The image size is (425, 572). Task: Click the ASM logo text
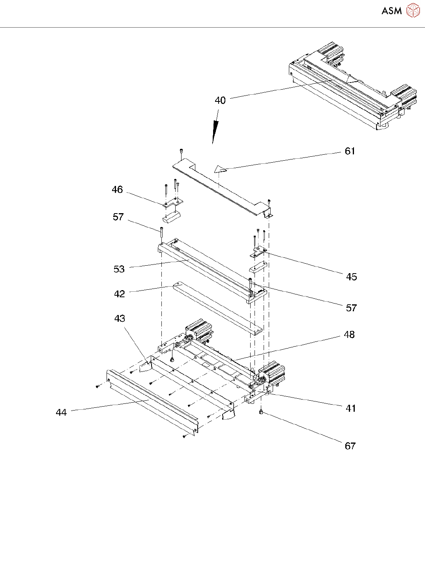point(391,11)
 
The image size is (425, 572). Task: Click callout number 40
point(220,101)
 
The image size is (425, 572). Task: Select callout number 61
point(350,151)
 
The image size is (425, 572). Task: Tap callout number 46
point(117,190)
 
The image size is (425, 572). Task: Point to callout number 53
point(119,269)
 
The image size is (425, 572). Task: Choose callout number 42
point(119,294)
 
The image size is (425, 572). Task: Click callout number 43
point(120,319)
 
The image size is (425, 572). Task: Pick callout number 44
point(61,413)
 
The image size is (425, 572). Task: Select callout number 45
point(351,277)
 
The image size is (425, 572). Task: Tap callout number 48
point(349,335)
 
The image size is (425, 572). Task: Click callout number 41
point(350,409)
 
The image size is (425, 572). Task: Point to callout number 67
point(350,446)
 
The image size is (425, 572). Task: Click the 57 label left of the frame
point(118,217)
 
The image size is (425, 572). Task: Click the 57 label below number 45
point(351,308)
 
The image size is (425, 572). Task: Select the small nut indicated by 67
point(261,412)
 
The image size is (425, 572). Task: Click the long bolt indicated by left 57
point(162,236)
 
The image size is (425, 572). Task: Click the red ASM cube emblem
point(413,11)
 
